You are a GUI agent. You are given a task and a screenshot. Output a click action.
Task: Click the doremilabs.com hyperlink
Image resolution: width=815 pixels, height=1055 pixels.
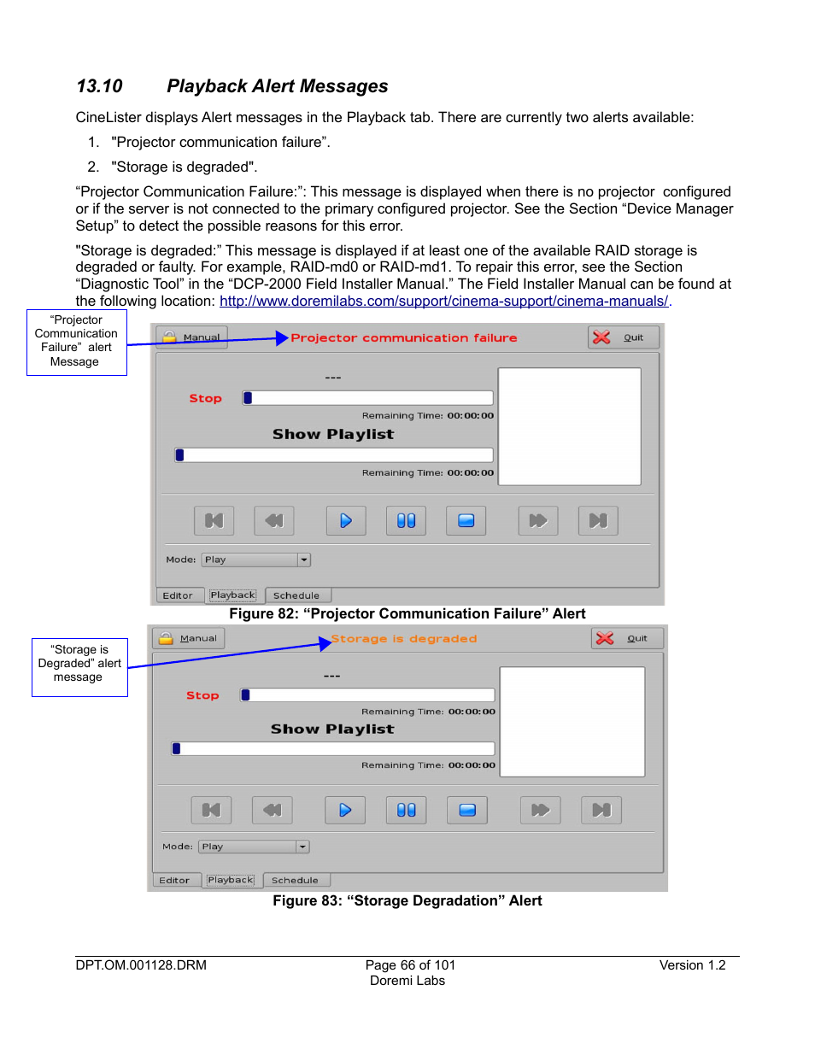(x=444, y=302)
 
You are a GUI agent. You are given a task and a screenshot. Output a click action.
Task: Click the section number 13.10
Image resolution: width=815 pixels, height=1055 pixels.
(x=99, y=86)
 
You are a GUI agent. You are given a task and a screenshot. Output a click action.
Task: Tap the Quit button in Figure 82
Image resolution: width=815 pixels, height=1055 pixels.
(x=624, y=337)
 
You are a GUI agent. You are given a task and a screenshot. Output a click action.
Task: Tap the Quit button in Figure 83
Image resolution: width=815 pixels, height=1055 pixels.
(x=627, y=638)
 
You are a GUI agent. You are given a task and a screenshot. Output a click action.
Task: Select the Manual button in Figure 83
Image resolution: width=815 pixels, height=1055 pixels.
(x=189, y=638)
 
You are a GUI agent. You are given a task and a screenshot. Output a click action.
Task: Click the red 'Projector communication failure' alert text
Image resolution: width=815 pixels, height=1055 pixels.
(x=403, y=338)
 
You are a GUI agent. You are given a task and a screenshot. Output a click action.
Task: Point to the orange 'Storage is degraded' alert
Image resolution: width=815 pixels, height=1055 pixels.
(x=404, y=639)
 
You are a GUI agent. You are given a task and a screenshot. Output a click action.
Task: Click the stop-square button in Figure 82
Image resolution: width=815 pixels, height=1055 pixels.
(x=466, y=520)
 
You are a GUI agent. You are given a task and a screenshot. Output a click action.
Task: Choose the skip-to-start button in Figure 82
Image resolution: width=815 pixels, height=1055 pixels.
(x=214, y=520)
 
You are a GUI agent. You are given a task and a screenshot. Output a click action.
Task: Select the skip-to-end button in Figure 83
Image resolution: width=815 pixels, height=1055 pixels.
(x=601, y=810)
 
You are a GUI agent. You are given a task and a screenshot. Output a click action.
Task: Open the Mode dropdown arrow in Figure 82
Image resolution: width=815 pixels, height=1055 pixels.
(x=304, y=560)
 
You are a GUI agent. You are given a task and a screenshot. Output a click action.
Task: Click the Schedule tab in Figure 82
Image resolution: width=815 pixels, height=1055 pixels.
(x=296, y=595)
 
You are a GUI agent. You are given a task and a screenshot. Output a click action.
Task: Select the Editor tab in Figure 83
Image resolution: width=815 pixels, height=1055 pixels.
(x=174, y=880)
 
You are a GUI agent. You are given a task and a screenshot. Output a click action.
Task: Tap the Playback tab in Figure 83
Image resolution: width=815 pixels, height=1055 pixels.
(x=231, y=880)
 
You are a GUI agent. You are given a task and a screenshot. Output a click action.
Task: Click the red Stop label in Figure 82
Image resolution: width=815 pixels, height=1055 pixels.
(x=205, y=398)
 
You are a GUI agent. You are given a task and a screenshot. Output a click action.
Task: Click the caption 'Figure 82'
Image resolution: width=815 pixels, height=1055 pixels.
(x=407, y=613)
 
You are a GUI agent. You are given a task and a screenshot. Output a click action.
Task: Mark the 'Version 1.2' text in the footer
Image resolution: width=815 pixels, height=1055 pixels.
(x=692, y=965)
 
